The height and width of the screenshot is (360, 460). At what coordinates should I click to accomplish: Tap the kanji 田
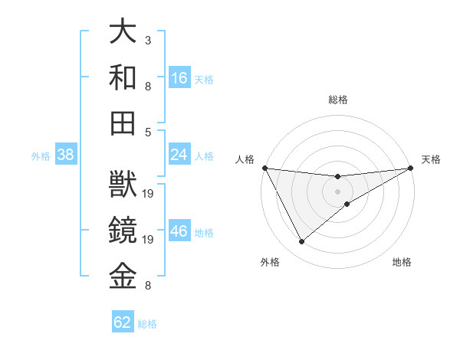pyautogui.click(x=123, y=123)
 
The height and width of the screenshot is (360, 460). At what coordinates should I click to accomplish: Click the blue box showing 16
pyautogui.click(x=179, y=77)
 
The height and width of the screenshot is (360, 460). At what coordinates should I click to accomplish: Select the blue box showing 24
pyautogui.click(x=179, y=155)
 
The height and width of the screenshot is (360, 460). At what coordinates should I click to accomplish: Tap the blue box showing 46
pyautogui.click(x=179, y=232)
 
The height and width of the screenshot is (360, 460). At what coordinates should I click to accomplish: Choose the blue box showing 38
pyautogui.click(x=66, y=155)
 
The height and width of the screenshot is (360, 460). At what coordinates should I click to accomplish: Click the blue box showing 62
pyautogui.click(x=123, y=322)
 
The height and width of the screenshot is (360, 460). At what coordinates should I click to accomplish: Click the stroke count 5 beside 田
pyautogui.click(x=147, y=132)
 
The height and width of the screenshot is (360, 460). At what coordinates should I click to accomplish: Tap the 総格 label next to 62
pyautogui.click(x=147, y=324)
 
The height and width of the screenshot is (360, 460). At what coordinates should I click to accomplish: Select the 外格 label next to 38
pyautogui.click(x=41, y=156)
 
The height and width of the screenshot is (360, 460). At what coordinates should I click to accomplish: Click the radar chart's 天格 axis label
pyautogui.click(x=431, y=159)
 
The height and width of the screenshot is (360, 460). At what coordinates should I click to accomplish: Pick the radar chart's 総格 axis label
pyautogui.click(x=338, y=100)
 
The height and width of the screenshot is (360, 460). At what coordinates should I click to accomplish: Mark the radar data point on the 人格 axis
pyautogui.click(x=264, y=168)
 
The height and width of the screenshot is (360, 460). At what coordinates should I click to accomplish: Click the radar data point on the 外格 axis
pyautogui.click(x=301, y=242)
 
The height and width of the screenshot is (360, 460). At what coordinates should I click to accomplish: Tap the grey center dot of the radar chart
pyautogui.click(x=338, y=190)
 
